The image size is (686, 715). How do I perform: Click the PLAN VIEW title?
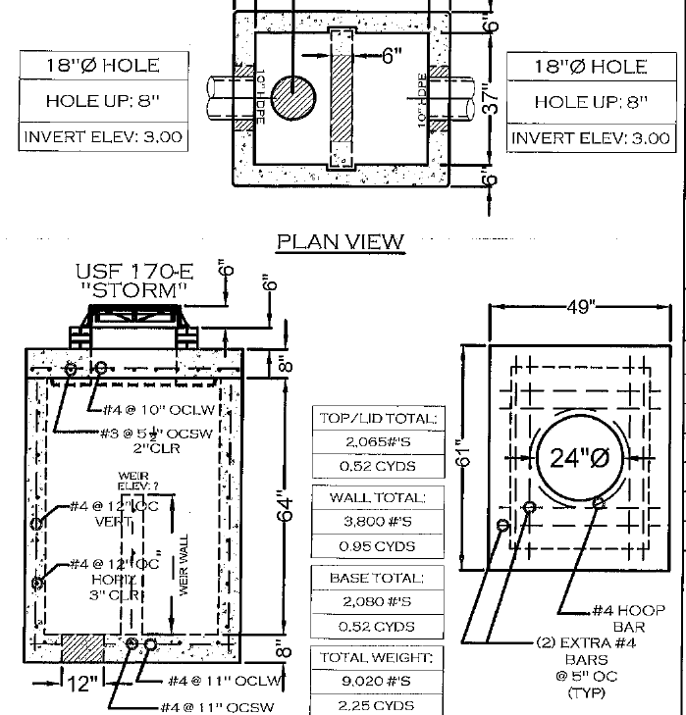pyautogui.click(x=341, y=241)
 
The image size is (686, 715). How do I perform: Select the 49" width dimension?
pyautogui.click(x=580, y=307)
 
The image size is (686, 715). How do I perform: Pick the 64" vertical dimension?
pyautogui.click(x=281, y=508)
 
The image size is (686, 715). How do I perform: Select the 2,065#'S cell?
pyautogui.click(x=378, y=442)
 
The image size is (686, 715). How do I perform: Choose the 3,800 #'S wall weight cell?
pyautogui.click(x=378, y=523)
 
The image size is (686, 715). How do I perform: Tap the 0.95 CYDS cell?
pyautogui.click(x=378, y=546)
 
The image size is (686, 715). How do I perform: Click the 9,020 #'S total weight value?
pyautogui.click(x=378, y=681)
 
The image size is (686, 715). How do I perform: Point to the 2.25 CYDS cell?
pyautogui.click(x=378, y=704)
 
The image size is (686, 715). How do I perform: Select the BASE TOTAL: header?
pyautogui.click(x=378, y=579)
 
